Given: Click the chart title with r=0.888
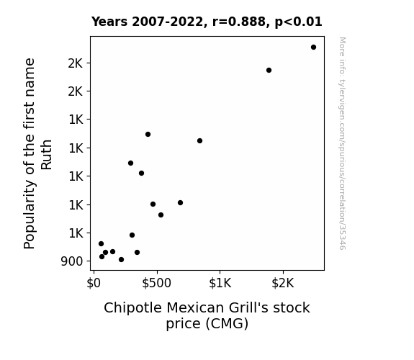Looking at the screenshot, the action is point(207,22).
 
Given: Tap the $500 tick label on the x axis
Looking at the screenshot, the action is point(157,283).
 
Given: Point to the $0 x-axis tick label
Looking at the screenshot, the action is point(94,283).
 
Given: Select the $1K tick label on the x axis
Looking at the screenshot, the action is point(220,283).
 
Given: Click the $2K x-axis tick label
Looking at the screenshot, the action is point(283,283).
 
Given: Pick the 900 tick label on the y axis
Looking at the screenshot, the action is point(72,261).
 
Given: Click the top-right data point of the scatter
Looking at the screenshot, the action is point(313,48).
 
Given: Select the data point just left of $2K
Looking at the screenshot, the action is point(269,71).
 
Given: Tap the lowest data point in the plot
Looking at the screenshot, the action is point(121,260).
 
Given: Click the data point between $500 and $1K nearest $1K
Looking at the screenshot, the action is point(199,141).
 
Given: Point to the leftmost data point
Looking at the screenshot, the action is point(101,244).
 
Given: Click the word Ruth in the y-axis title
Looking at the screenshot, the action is point(46,155).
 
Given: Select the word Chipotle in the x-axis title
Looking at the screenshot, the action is point(132,308).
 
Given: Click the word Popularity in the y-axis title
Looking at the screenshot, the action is point(29,214).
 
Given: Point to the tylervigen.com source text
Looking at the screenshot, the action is point(342,143).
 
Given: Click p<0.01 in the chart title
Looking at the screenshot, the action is point(298,22).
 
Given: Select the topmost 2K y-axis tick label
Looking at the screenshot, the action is point(76,63).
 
